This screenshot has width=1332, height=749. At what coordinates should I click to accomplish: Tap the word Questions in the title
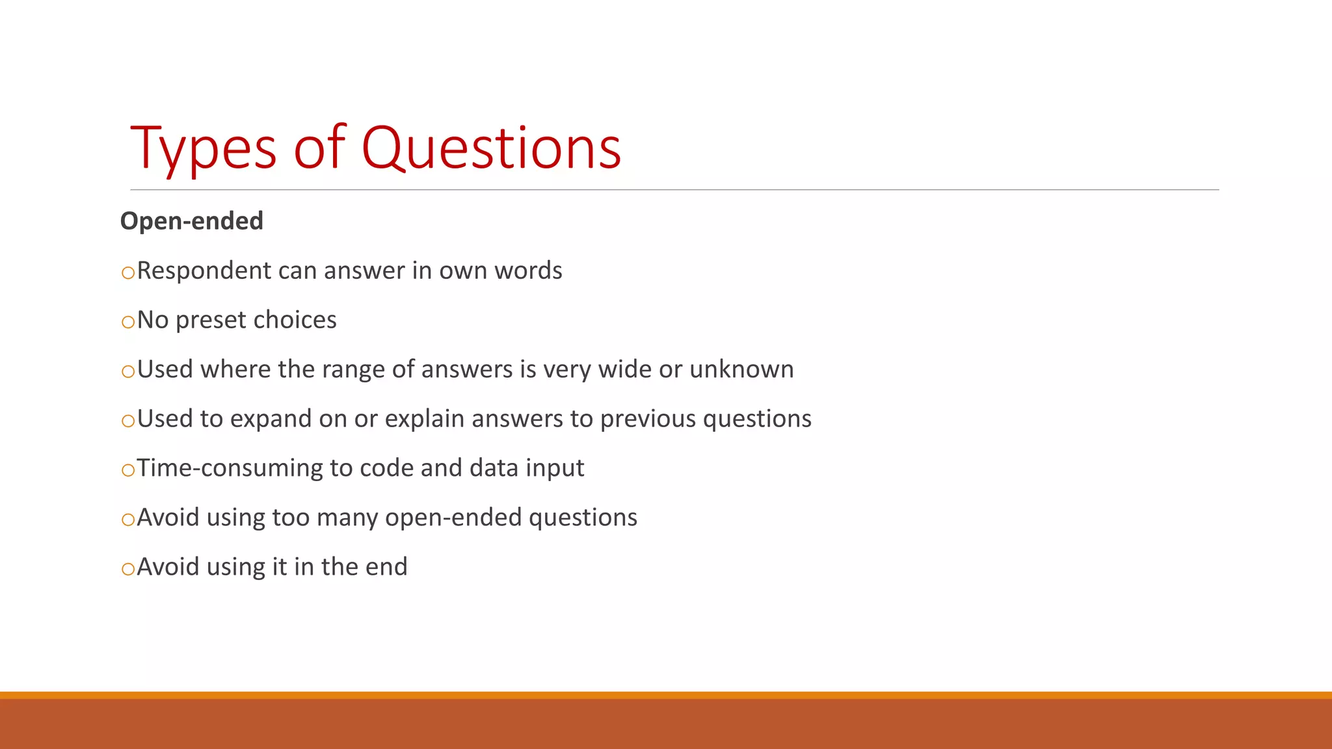491,150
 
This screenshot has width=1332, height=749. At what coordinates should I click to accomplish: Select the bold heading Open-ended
192,221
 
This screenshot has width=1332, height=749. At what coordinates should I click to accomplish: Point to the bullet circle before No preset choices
128,322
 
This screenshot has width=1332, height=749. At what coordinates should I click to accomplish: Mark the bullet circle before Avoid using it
128,569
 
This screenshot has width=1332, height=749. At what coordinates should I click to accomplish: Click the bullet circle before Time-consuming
128,470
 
